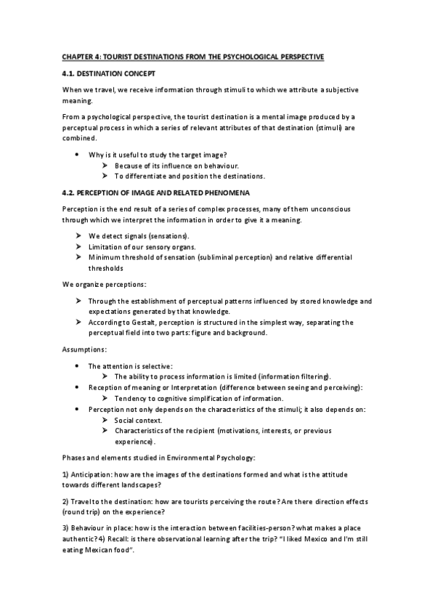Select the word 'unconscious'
(x=329, y=209)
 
